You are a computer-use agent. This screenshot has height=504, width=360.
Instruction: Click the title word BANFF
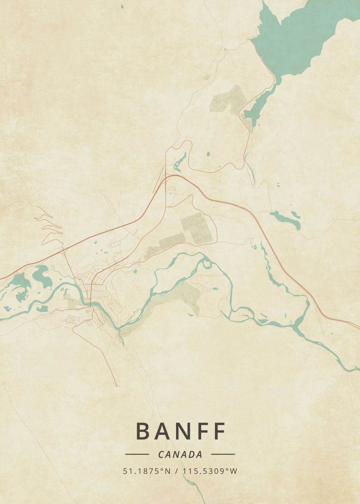click(x=181, y=431)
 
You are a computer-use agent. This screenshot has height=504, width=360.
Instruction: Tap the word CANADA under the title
click(x=180, y=454)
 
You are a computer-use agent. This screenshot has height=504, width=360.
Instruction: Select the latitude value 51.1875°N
click(x=147, y=471)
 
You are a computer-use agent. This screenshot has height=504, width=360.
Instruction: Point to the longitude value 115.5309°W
click(x=210, y=471)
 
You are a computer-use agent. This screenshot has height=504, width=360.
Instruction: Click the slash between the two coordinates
click(x=176, y=471)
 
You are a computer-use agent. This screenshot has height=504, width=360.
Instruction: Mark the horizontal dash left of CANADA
click(x=137, y=454)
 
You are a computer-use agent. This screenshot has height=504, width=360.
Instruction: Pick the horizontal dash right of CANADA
click(x=223, y=454)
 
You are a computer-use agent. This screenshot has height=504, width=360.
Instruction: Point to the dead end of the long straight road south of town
click(x=116, y=385)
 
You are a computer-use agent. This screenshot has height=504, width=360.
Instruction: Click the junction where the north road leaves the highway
click(x=166, y=175)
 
